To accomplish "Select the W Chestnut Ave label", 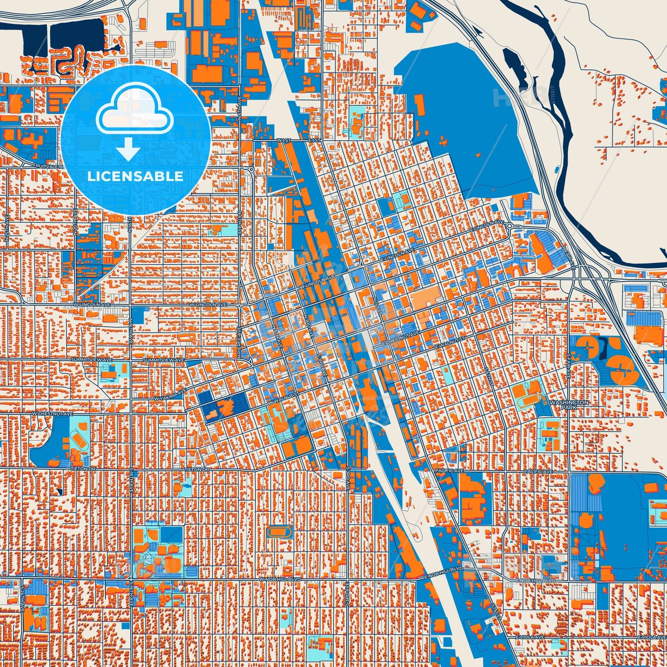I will click(x=52, y=414).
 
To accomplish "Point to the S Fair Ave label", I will click(x=569, y=366).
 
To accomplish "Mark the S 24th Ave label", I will click(x=22, y=600).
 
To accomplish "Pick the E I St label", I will click(x=314, y=139).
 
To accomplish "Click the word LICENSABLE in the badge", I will click(x=135, y=176).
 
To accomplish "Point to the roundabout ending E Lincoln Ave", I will click(x=509, y=226).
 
